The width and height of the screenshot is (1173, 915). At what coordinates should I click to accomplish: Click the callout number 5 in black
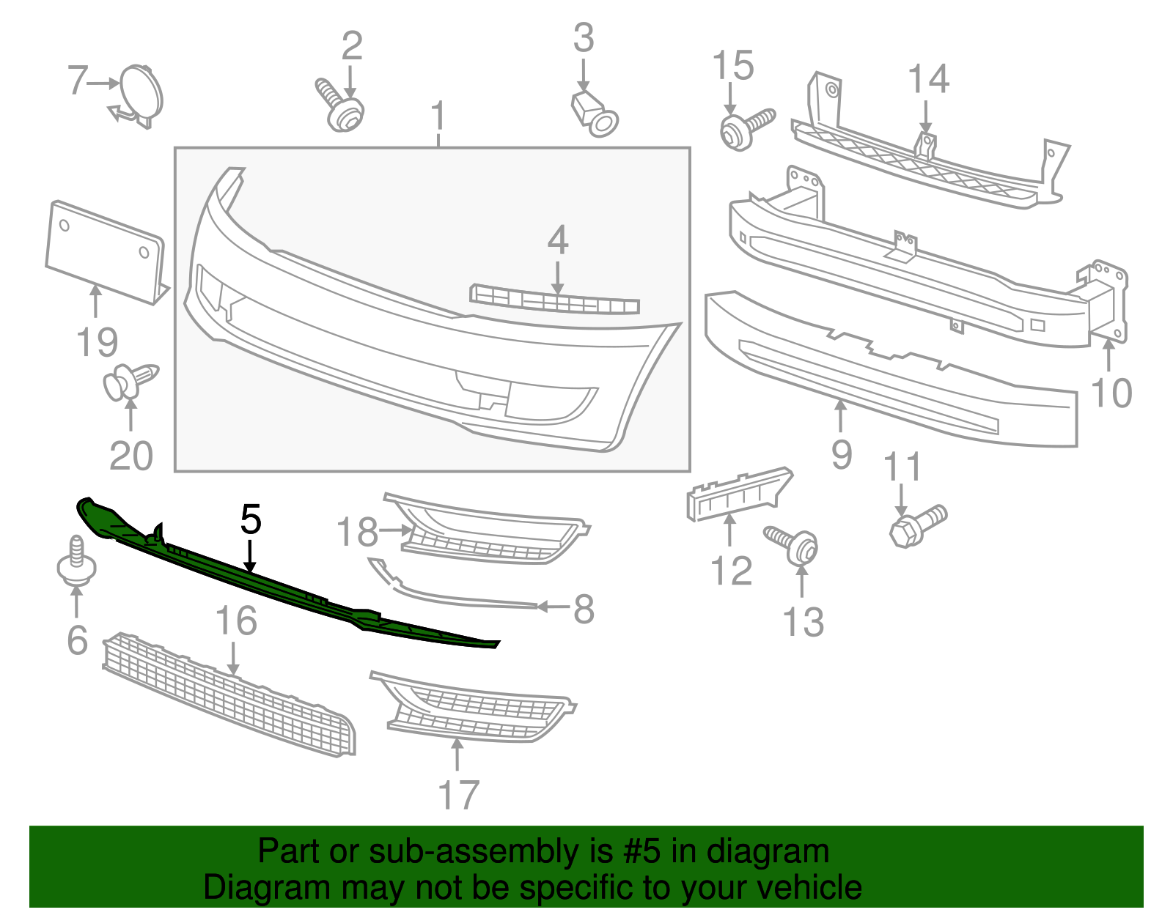click(x=251, y=519)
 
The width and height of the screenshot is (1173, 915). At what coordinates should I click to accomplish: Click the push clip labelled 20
click(x=129, y=382)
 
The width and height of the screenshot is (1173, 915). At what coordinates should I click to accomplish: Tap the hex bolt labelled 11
click(x=916, y=524)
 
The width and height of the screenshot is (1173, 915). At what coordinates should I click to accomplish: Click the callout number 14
click(x=928, y=78)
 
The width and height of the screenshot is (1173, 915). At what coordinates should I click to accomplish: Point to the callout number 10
click(x=1111, y=393)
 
